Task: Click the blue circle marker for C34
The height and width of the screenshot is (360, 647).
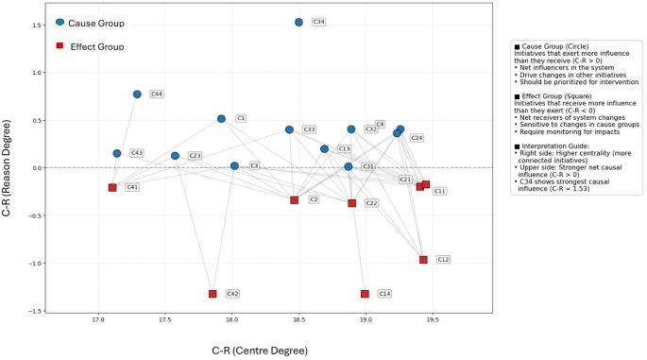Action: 298,22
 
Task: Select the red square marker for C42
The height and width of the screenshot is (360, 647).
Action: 213,294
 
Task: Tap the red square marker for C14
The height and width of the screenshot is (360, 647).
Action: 365,294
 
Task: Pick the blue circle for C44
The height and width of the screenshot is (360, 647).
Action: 137,94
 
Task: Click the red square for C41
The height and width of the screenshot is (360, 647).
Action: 112,188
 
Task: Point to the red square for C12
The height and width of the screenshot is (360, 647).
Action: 423,260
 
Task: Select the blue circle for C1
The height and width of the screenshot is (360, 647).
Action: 221,119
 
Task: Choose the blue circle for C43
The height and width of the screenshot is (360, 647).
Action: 117,153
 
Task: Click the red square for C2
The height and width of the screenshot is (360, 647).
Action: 295,200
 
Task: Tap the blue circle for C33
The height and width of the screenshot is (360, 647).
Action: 289,129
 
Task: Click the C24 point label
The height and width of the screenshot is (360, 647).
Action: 417,138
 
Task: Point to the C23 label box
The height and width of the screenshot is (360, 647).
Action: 195,156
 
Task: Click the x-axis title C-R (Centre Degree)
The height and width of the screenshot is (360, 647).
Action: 260,351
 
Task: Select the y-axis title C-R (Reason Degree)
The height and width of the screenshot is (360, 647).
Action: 9,168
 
